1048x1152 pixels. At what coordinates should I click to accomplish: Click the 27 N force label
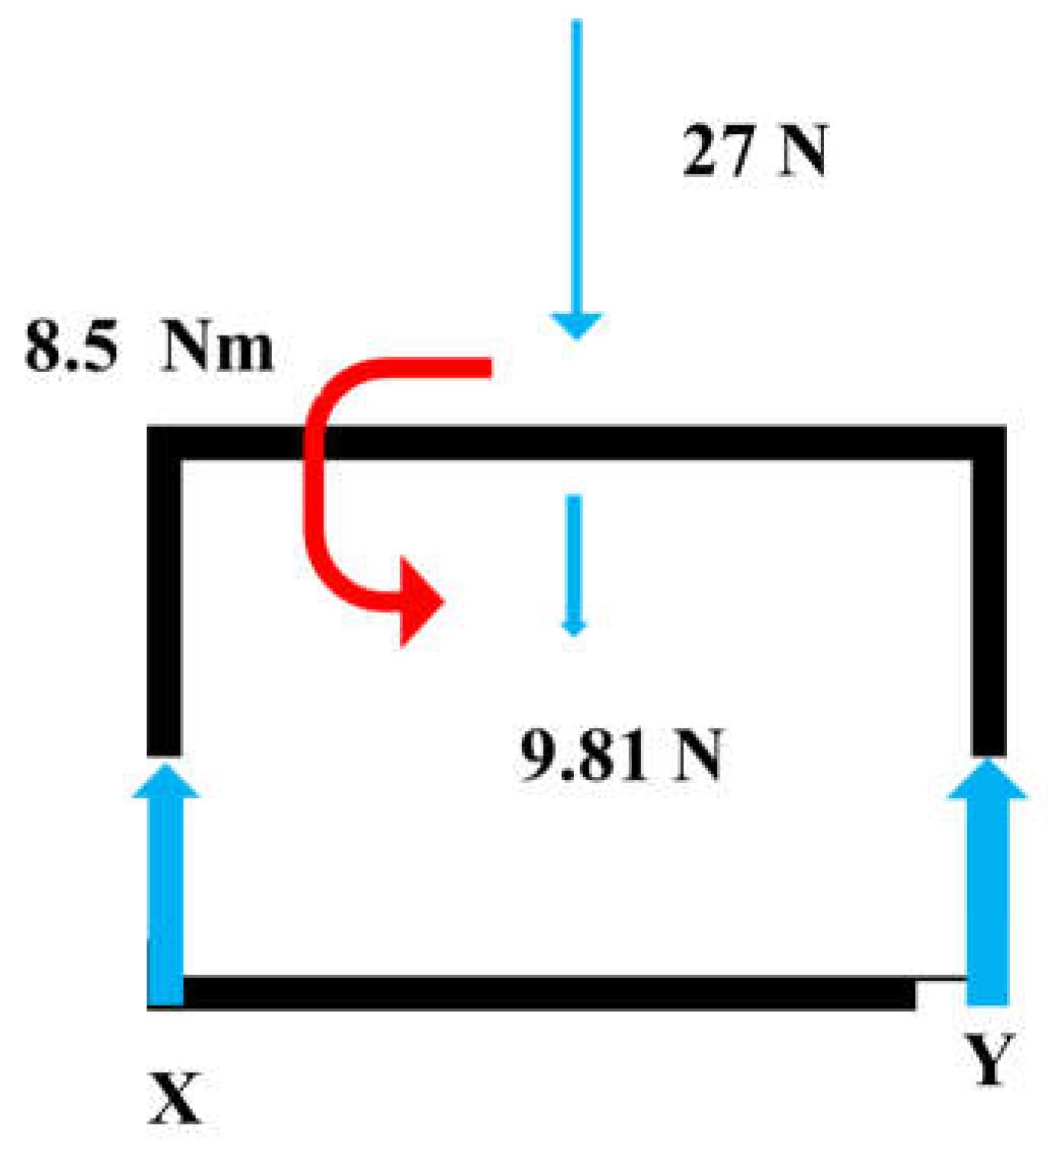[754, 150]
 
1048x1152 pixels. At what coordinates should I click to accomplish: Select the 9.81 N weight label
[620, 755]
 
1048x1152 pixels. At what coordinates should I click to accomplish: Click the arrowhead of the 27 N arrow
[577, 325]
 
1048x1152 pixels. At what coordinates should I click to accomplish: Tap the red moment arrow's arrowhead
[420, 602]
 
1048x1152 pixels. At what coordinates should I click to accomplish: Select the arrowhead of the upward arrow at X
[166, 781]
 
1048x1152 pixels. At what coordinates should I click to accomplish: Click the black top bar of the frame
[610, 442]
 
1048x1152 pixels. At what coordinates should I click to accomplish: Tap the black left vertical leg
[164, 610]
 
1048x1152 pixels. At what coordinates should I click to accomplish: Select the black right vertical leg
[989, 610]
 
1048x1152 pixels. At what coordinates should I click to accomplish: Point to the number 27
[716, 150]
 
